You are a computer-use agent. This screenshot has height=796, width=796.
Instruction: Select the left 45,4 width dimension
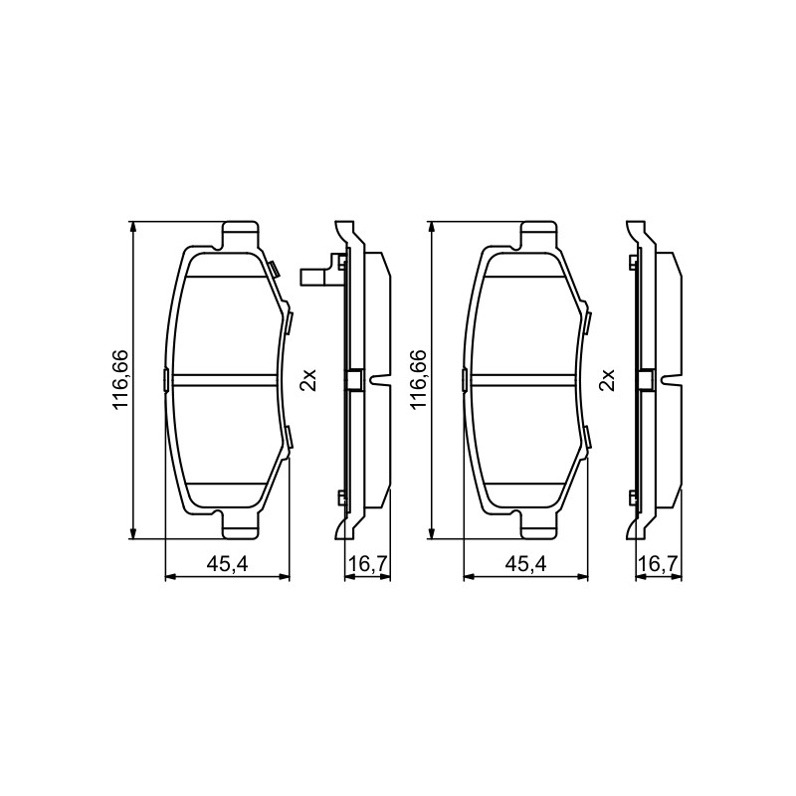[x=227, y=564]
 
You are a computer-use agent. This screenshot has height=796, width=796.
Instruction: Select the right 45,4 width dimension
[x=525, y=564]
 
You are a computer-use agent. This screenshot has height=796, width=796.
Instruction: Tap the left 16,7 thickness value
[x=368, y=564]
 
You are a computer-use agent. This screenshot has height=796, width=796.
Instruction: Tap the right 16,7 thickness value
[x=660, y=564]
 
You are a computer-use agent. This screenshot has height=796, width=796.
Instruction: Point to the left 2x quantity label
[x=308, y=380]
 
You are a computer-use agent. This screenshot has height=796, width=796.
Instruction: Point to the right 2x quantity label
[x=607, y=380]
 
